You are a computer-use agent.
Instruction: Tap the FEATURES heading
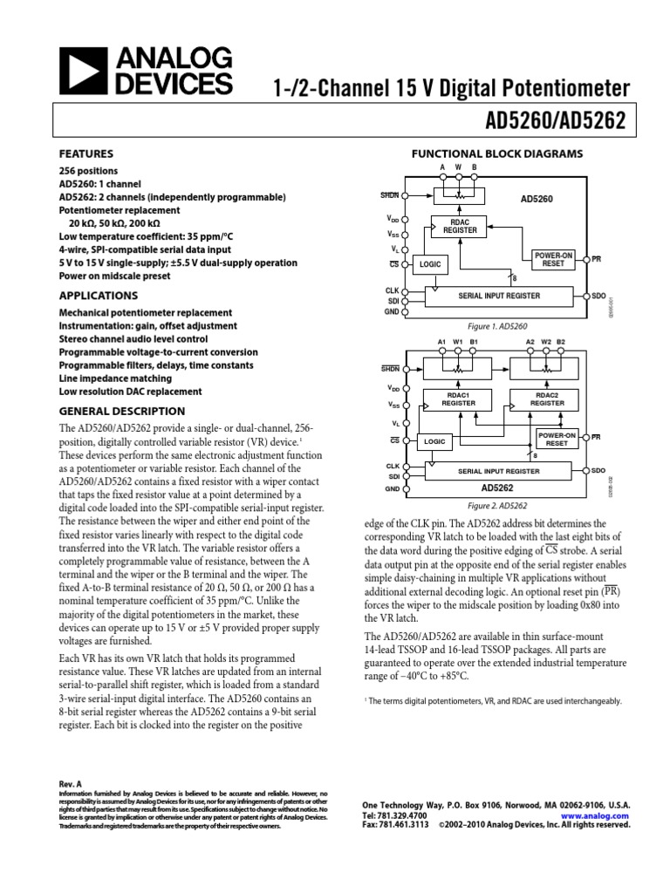pos(85,153)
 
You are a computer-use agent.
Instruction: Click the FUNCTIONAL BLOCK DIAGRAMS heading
pos(496,153)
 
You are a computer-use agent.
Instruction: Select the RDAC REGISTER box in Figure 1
pos(460,226)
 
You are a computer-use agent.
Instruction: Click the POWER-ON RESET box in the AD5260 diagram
pos(552,259)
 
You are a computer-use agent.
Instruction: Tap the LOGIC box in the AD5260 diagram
pos(430,262)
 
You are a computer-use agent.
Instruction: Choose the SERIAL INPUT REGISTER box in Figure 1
pos(498,296)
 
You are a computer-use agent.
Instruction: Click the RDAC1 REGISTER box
pos(458,399)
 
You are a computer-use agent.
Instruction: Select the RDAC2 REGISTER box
pos(547,399)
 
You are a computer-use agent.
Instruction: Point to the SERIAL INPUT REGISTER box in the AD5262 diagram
pos(498,471)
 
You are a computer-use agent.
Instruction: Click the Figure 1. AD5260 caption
pos(498,326)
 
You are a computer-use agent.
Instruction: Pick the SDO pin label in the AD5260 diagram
pos(598,297)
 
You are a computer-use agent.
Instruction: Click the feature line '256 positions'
pos(88,171)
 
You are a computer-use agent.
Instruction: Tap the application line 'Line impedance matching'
pos(117,378)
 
